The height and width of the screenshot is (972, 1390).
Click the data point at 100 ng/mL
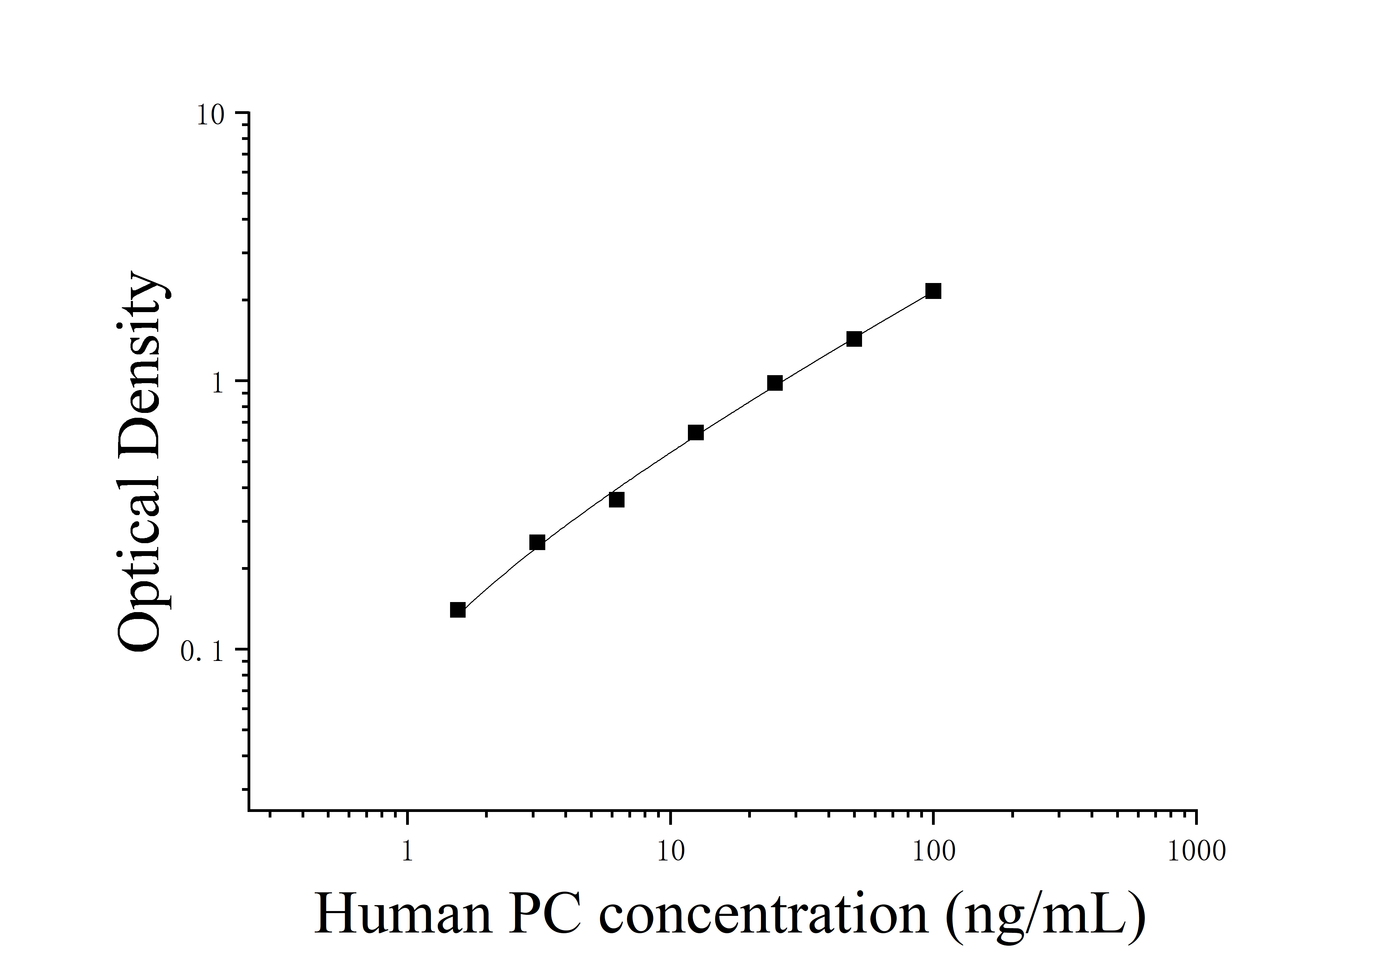[933, 291]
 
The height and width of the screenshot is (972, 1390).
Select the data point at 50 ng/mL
[854, 338]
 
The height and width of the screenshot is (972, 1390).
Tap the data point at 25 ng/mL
[774, 383]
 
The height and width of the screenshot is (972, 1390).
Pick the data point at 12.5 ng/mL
[696, 432]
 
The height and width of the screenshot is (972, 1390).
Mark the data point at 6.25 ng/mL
[616, 500]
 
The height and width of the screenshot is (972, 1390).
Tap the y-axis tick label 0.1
[203, 652]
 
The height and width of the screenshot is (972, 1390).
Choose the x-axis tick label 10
[670, 851]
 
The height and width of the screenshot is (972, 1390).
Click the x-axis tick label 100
[933, 851]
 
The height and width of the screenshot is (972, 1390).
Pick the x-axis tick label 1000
[1196, 851]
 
